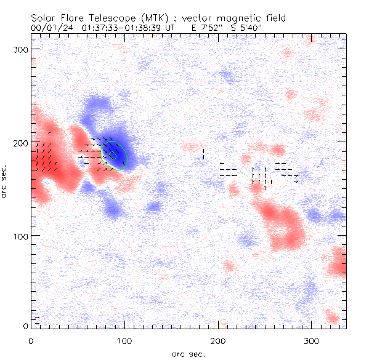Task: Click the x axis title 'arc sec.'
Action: click(189, 354)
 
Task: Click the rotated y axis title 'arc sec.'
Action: click(6, 181)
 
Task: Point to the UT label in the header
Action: click(179, 28)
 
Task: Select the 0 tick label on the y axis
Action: click(25, 326)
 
